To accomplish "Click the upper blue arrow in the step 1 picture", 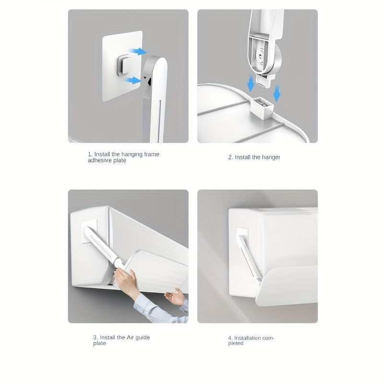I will [x=139, y=51].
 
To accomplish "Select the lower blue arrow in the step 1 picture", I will [x=134, y=81].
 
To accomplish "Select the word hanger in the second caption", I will [x=271, y=157].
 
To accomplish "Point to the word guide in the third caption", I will [x=143, y=337].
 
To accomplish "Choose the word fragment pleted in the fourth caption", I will [x=236, y=344].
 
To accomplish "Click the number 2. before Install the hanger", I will [x=230, y=157].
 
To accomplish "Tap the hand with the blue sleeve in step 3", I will [x=176, y=298].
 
